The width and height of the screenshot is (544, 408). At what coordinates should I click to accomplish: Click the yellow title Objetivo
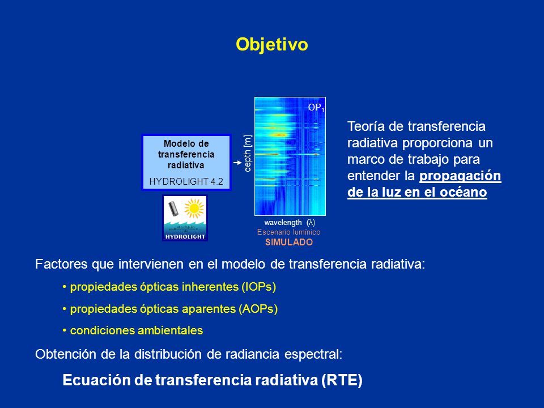tap(271, 45)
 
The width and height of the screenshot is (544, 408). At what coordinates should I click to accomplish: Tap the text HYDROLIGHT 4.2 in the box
tap(186, 181)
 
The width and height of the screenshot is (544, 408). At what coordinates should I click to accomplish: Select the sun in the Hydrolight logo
tap(194, 208)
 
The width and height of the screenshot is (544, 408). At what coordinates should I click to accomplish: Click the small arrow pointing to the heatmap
tap(237, 163)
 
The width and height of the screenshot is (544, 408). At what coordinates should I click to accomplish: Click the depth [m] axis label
tap(248, 154)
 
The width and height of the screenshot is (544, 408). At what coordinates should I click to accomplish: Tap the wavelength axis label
tap(290, 222)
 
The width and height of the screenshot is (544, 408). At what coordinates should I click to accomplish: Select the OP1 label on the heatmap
tap(316, 108)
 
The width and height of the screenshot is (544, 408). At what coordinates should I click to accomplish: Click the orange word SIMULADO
tap(289, 242)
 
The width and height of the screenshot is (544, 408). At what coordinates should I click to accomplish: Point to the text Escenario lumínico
tap(288, 232)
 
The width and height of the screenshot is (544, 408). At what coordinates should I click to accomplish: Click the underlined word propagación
tap(460, 176)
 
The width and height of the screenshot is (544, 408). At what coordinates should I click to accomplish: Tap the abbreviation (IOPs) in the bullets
tap(259, 287)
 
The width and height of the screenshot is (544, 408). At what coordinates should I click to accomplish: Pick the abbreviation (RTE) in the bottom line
tap(342, 380)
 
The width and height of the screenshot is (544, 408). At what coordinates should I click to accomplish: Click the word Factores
tap(61, 264)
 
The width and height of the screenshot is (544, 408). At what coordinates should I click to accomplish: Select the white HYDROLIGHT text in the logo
tap(185, 237)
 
